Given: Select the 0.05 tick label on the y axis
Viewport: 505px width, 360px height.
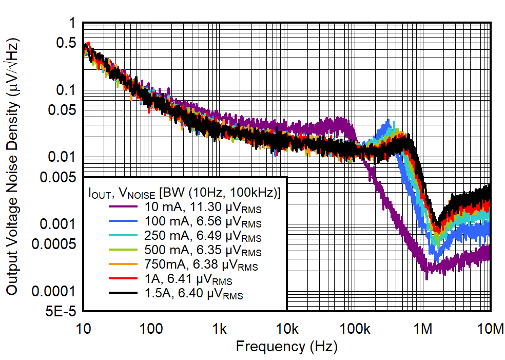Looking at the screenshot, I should point(61,110).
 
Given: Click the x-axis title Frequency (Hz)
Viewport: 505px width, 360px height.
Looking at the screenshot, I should point(286,346).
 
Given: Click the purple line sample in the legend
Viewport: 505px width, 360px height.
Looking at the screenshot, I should point(123,206).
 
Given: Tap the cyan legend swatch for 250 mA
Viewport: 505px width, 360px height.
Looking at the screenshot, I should point(123,238).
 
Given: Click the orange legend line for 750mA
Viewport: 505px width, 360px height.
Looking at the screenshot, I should point(123,266).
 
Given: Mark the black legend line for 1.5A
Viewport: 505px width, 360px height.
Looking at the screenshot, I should point(123,295).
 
